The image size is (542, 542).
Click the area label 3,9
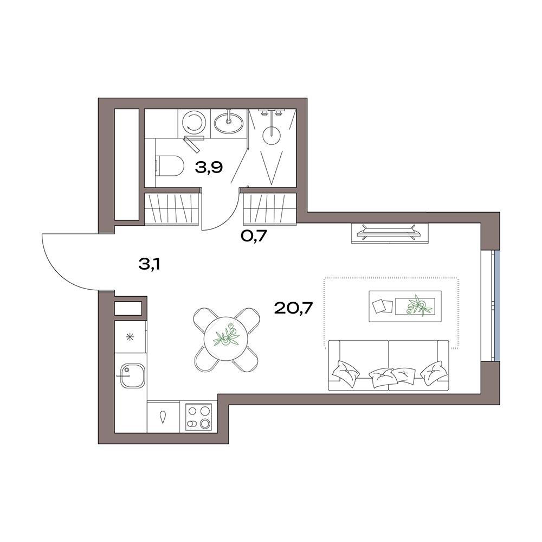point(209,168)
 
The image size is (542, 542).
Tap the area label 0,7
point(254,237)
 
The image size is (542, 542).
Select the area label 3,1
point(149,265)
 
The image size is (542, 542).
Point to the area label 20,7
point(293,307)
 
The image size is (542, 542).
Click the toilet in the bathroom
point(169,166)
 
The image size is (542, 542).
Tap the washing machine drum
point(193,122)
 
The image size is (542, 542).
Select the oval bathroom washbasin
point(228,122)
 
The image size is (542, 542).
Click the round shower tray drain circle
point(273,135)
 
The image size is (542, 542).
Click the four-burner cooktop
point(198,417)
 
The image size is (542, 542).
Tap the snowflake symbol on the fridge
point(130,336)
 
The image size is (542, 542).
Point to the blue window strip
point(496,305)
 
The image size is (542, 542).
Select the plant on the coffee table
point(417,305)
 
